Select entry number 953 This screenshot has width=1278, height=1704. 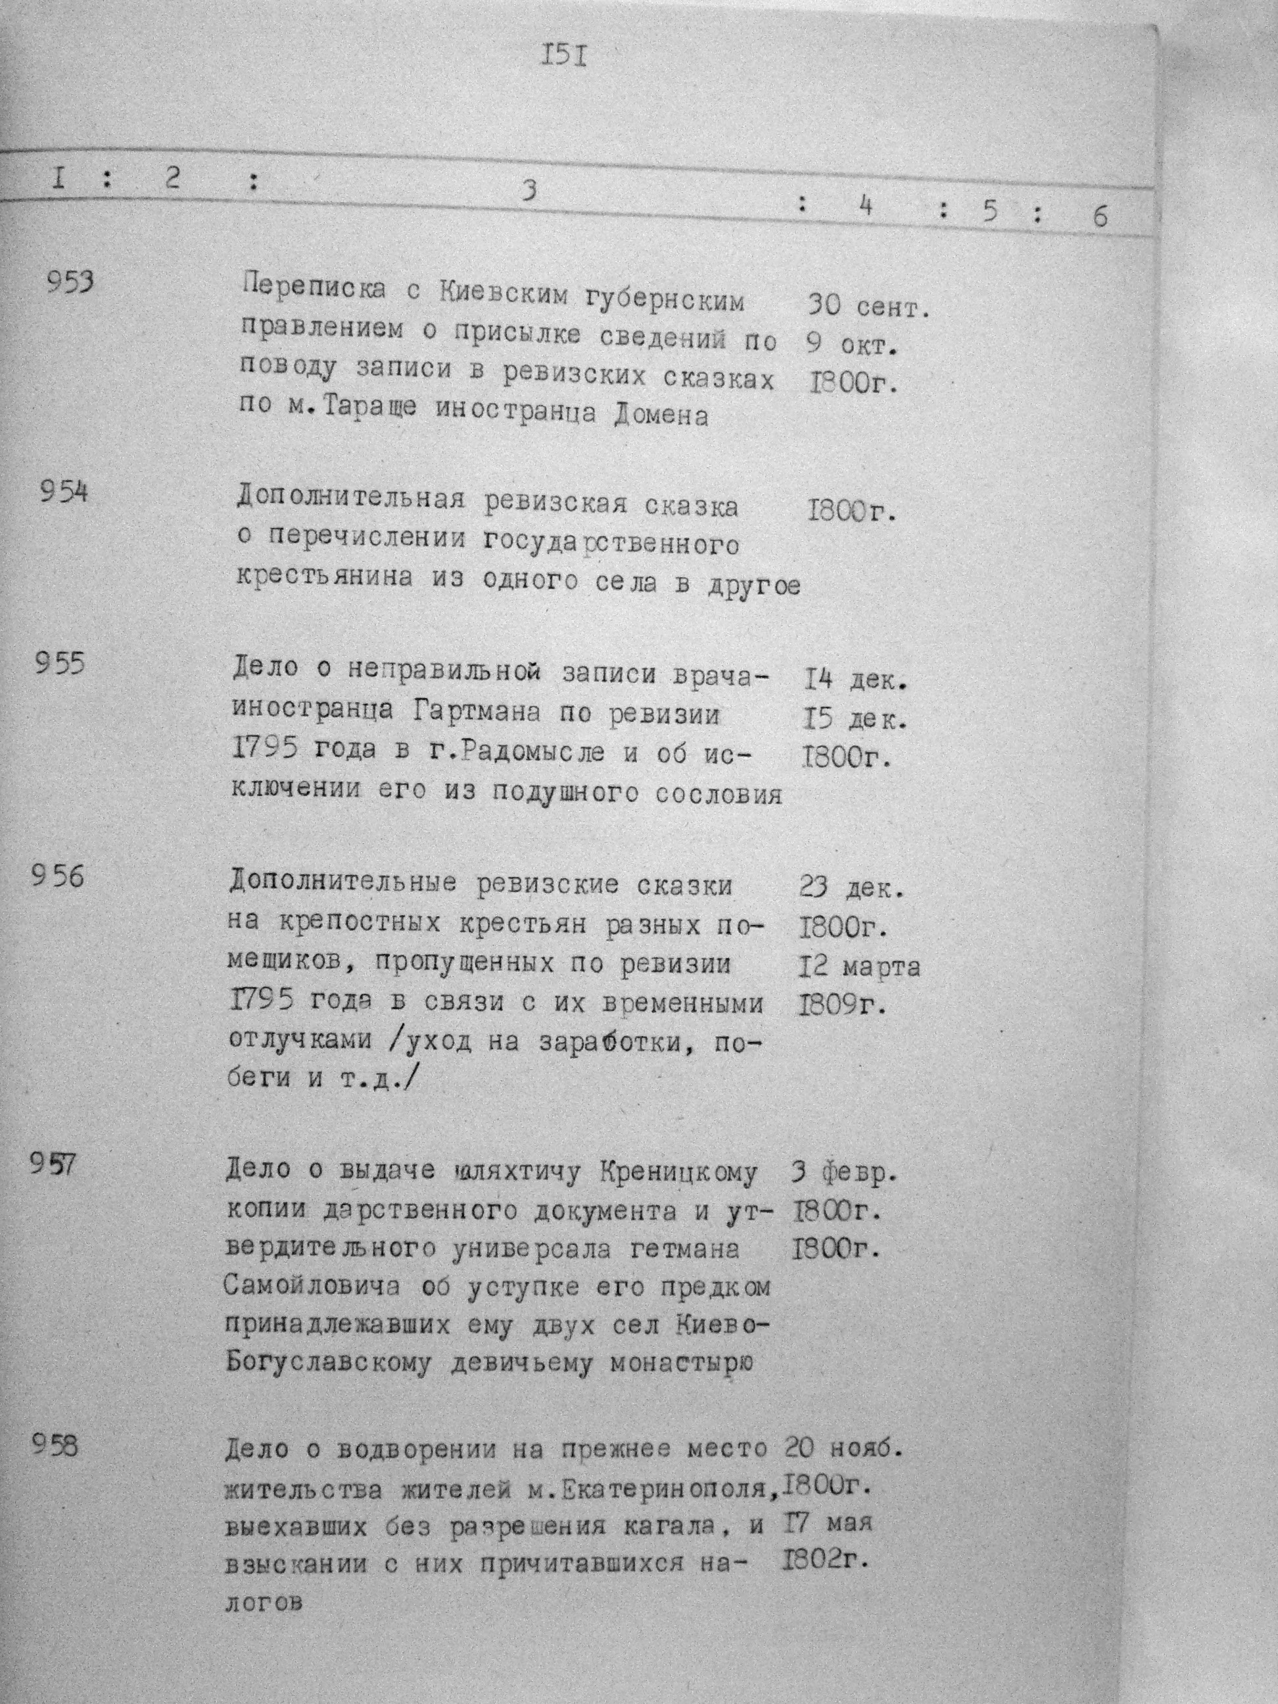[70, 283]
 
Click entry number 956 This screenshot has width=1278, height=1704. [57, 876]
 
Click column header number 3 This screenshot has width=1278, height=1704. [528, 190]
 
